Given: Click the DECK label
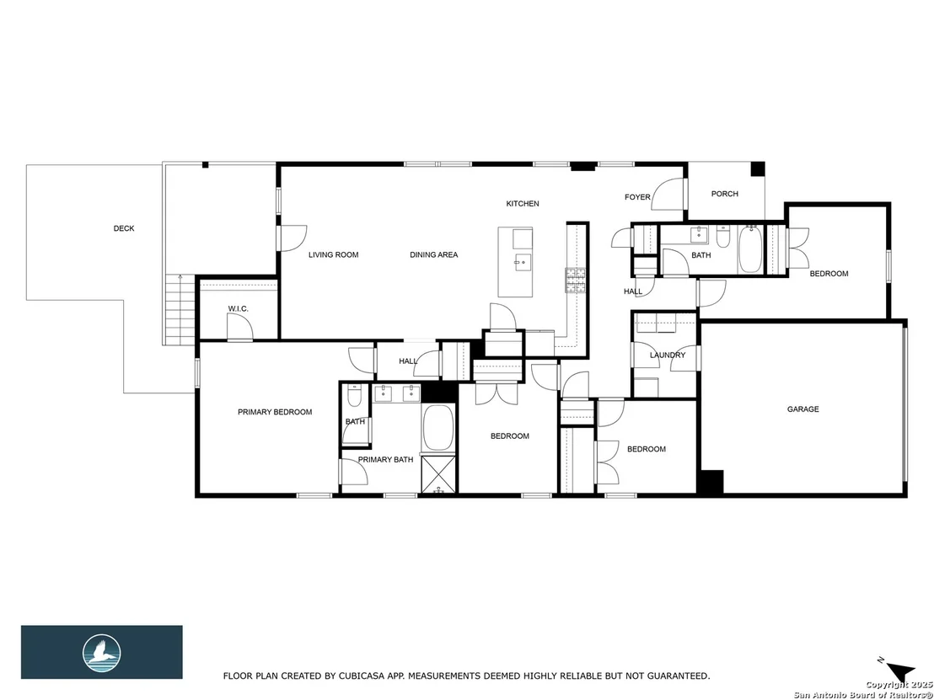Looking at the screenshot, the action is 124,228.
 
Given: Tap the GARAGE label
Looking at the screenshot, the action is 803,409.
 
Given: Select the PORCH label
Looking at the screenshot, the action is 724,194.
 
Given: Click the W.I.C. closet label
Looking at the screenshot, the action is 239,309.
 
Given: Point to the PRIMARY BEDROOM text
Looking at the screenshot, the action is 275,412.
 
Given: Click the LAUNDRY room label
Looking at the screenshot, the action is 667,355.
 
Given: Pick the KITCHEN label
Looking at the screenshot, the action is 523,204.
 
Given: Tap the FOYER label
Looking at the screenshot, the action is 637,197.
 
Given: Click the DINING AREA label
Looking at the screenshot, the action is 433,254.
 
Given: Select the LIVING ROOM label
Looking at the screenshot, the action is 334,254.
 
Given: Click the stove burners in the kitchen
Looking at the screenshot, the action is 576,280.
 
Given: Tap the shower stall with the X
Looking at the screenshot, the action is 438,474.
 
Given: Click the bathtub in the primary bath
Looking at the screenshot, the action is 437,427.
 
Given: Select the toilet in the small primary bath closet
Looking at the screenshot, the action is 353,395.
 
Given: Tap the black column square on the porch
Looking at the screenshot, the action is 757,169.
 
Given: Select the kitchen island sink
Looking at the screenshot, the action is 523,261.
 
